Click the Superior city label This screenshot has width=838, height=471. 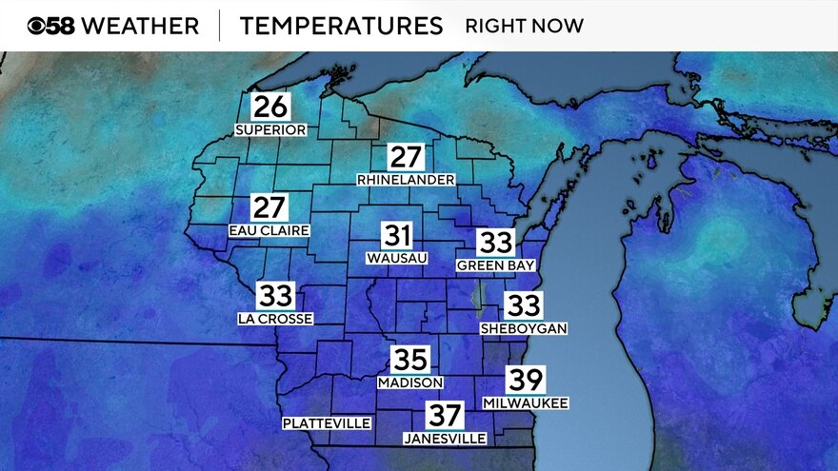click(x=270, y=129)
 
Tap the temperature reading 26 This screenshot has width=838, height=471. click(x=270, y=107)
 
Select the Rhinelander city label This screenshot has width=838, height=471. click(x=406, y=180)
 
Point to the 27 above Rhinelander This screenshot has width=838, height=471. click(x=406, y=157)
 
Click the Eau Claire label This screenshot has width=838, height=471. click(x=269, y=230)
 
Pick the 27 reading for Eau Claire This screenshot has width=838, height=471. click(x=269, y=207)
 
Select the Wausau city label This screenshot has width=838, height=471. click(x=397, y=258)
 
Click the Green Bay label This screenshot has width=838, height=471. click(x=495, y=265)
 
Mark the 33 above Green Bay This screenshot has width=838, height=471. click(x=495, y=243)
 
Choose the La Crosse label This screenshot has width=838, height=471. click(x=275, y=319)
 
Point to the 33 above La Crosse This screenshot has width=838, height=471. click(x=275, y=296)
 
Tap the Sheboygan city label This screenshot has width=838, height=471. click(x=524, y=328)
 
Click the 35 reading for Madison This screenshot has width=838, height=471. click(x=410, y=360)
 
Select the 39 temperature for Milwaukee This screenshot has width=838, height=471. click(x=525, y=380)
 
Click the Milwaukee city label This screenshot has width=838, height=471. click(x=525, y=403)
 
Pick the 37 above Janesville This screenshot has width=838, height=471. click(x=445, y=416)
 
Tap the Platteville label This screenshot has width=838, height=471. click(x=327, y=423)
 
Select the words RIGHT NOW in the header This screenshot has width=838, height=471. click(x=524, y=26)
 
